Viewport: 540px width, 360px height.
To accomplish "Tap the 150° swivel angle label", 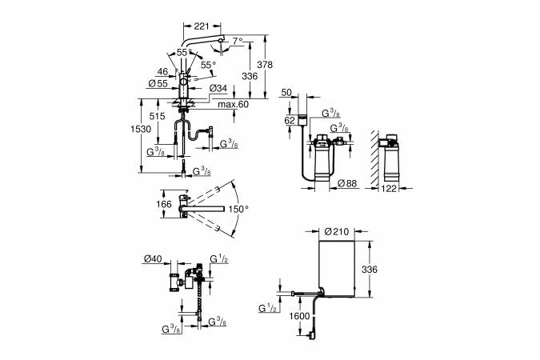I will [x=238, y=209].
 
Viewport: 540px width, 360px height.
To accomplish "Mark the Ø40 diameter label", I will [x=153, y=258].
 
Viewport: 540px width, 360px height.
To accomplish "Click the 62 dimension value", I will [x=290, y=121].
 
